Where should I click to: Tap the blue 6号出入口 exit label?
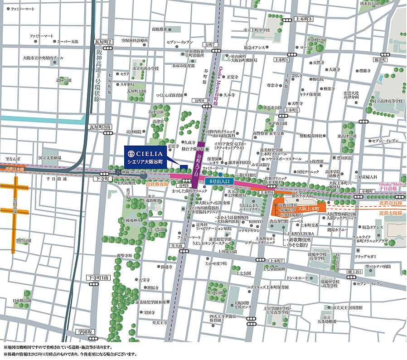[221, 181]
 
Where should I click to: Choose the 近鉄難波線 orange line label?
[157, 184]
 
